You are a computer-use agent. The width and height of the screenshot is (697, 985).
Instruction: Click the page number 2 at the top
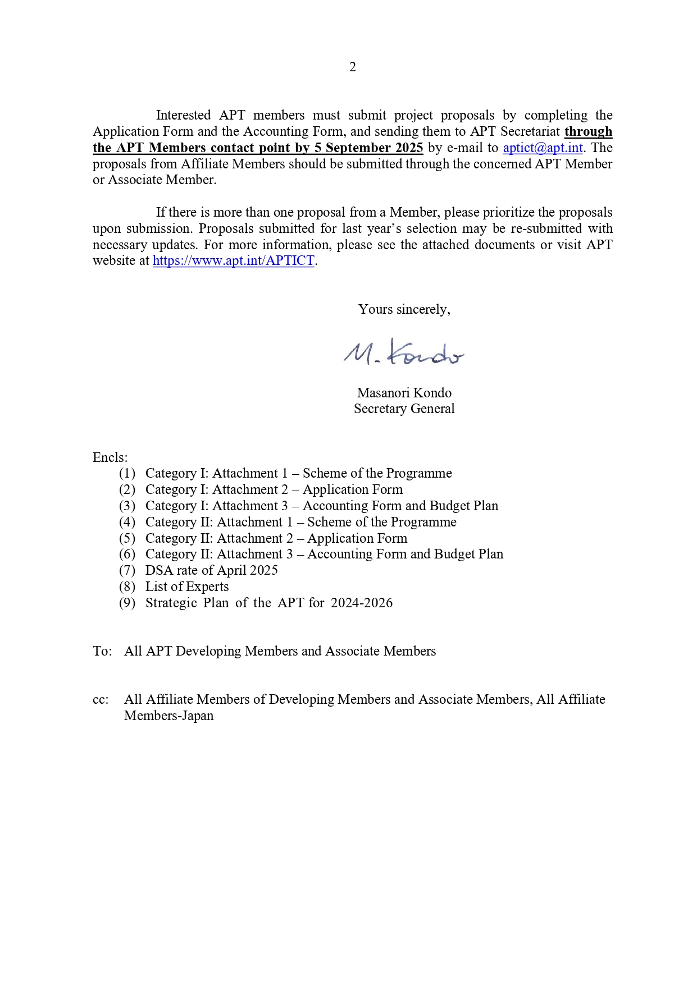[352, 67]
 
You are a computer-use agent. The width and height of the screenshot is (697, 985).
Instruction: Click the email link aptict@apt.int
[543, 148]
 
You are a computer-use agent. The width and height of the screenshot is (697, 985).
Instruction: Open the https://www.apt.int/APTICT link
[233, 261]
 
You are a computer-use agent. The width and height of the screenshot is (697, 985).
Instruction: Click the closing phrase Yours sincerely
[404, 309]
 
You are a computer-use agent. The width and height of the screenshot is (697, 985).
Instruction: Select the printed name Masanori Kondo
[404, 393]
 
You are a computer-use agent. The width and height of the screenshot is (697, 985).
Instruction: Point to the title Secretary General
[404, 409]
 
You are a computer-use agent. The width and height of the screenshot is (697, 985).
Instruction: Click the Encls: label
[110, 457]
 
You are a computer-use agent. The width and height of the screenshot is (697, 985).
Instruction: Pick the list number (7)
[127, 571]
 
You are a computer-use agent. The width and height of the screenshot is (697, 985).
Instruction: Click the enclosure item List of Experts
[187, 587]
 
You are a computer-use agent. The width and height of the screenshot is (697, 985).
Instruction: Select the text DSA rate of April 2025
[211, 570]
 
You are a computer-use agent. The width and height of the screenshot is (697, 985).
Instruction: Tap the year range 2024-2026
[362, 603]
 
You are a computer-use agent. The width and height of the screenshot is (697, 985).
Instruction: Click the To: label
[102, 651]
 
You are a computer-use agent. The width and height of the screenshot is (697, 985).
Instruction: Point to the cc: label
[101, 700]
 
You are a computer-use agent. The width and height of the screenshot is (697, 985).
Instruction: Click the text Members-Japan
[168, 716]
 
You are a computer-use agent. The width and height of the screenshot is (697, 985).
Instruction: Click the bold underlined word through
[588, 131]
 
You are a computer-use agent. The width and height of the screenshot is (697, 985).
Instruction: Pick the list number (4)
[127, 522]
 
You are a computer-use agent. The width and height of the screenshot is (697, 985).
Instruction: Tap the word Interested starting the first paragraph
[183, 115]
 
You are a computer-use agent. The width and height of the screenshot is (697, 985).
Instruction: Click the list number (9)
[127, 603]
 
